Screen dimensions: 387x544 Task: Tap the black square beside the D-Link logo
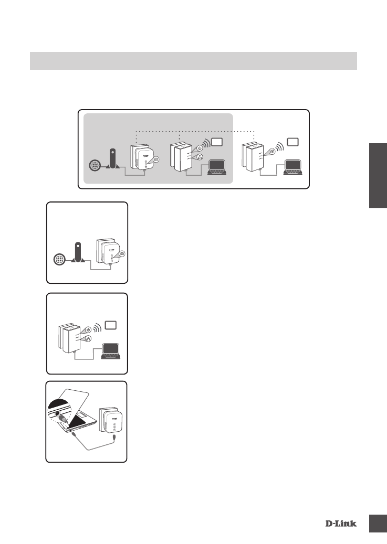click(x=377, y=523)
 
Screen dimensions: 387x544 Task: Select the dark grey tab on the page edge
click(x=377, y=175)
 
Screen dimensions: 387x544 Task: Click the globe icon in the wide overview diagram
click(x=95, y=166)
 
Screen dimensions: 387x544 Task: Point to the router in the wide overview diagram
click(x=111, y=159)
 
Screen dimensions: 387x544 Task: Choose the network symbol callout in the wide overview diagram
click(x=200, y=157)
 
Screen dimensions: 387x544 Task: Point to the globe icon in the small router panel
click(x=60, y=259)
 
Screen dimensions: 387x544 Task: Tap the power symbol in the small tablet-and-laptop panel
click(x=88, y=329)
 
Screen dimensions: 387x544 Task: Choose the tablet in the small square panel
click(x=111, y=325)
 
